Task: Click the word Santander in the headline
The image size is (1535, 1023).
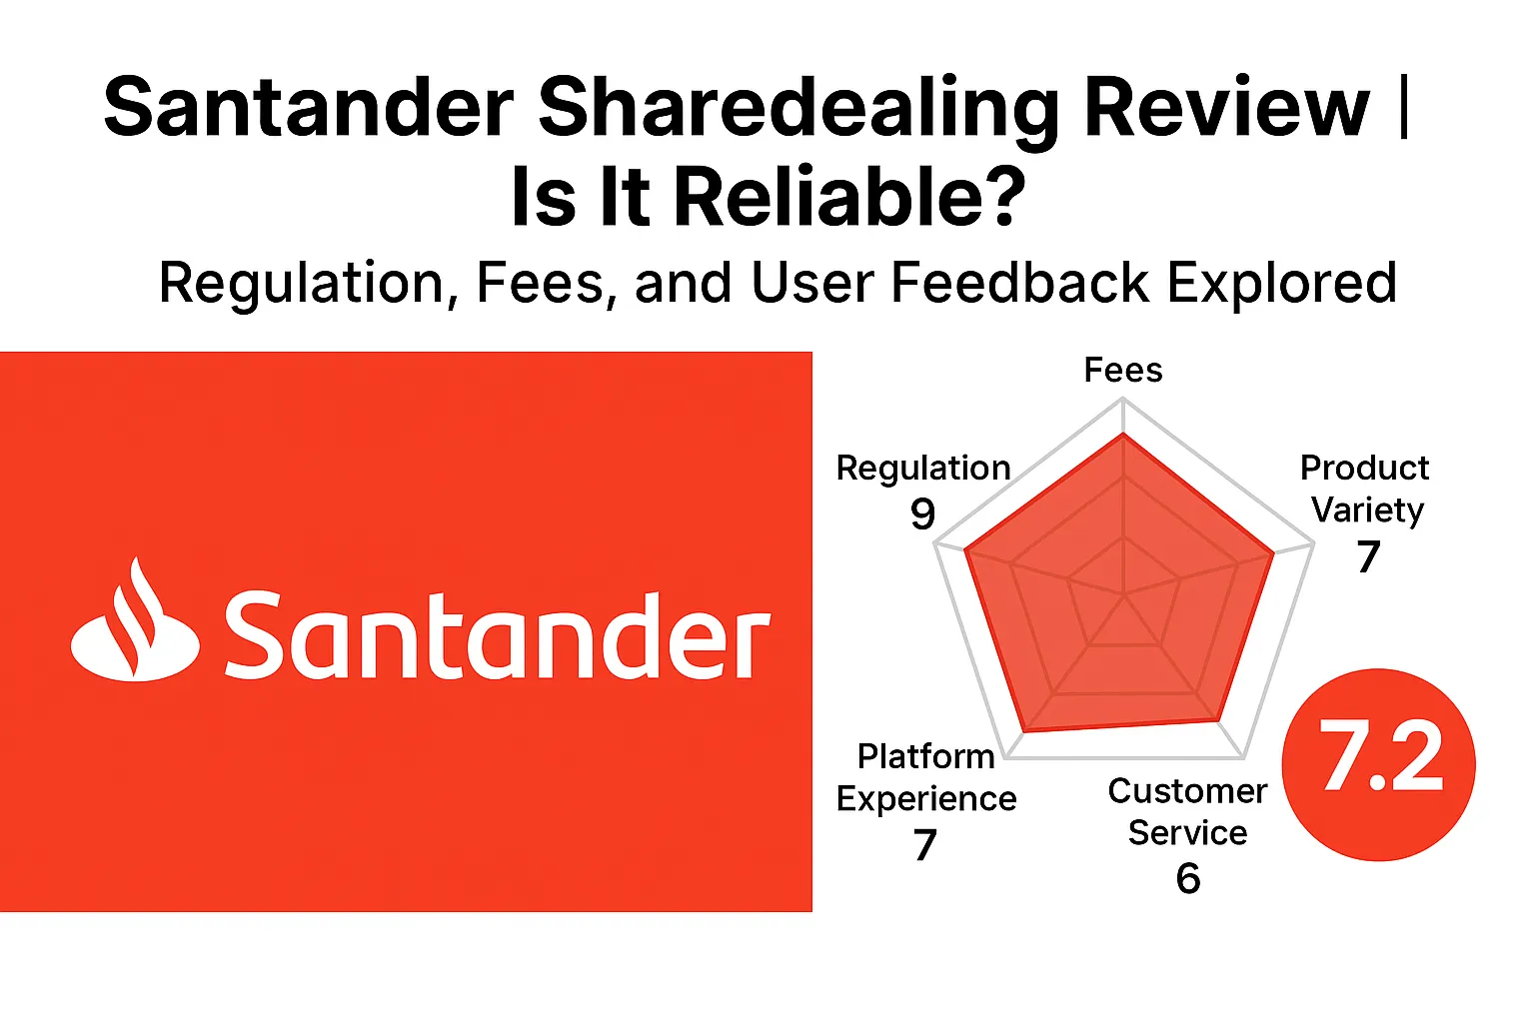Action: pyautogui.click(x=308, y=108)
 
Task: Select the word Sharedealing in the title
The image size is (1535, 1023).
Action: pyautogui.click(x=798, y=108)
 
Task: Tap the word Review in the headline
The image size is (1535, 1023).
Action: pyautogui.click(x=1226, y=108)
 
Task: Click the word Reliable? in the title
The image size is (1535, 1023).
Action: pyautogui.click(x=848, y=197)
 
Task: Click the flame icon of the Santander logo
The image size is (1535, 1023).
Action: pyautogui.click(x=136, y=624)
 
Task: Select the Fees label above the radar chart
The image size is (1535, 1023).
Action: pyautogui.click(x=1123, y=371)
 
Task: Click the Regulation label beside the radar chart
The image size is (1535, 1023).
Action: pyautogui.click(x=923, y=468)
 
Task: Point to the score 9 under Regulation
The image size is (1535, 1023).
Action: pyautogui.click(x=922, y=513)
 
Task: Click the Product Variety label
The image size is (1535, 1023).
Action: pyautogui.click(x=1365, y=489)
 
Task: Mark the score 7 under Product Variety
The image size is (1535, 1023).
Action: pyautogui.click(x=1368, y=556)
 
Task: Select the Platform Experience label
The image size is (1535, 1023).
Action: pyautogui.click(x=926, y=777)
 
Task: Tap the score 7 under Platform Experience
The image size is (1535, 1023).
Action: pyautogui.click(x=924, y=845)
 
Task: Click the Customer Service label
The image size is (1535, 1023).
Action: pyautogui.click(x=1187, y=811)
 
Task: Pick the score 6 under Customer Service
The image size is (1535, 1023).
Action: pyautogui.click(x=1187, y=878)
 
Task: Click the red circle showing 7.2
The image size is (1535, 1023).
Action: pyautogui.click(x=1379, y=764)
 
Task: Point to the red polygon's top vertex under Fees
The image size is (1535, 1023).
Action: pyautogui.click(x=1123, y=435)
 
